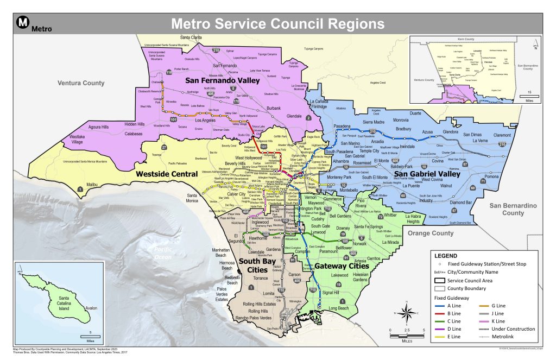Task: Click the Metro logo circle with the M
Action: (22, 22)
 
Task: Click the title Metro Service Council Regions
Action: (277, 24)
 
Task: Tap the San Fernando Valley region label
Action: (223, 80)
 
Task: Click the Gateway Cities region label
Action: (342, 266)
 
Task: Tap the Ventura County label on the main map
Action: (81, 83)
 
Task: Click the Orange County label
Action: (430, 233)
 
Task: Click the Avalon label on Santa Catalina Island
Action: (91, 308)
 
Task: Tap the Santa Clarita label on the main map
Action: (191, 37)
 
